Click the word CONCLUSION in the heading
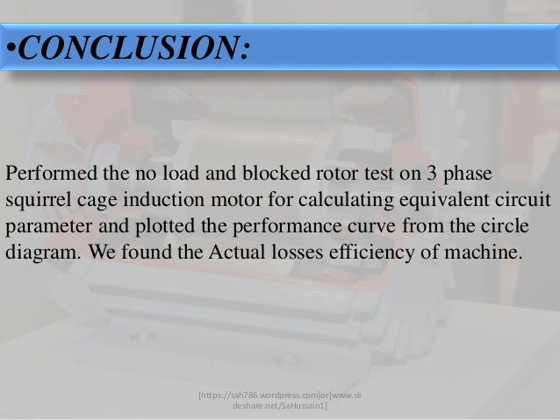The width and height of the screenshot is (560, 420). click(132, 47)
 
